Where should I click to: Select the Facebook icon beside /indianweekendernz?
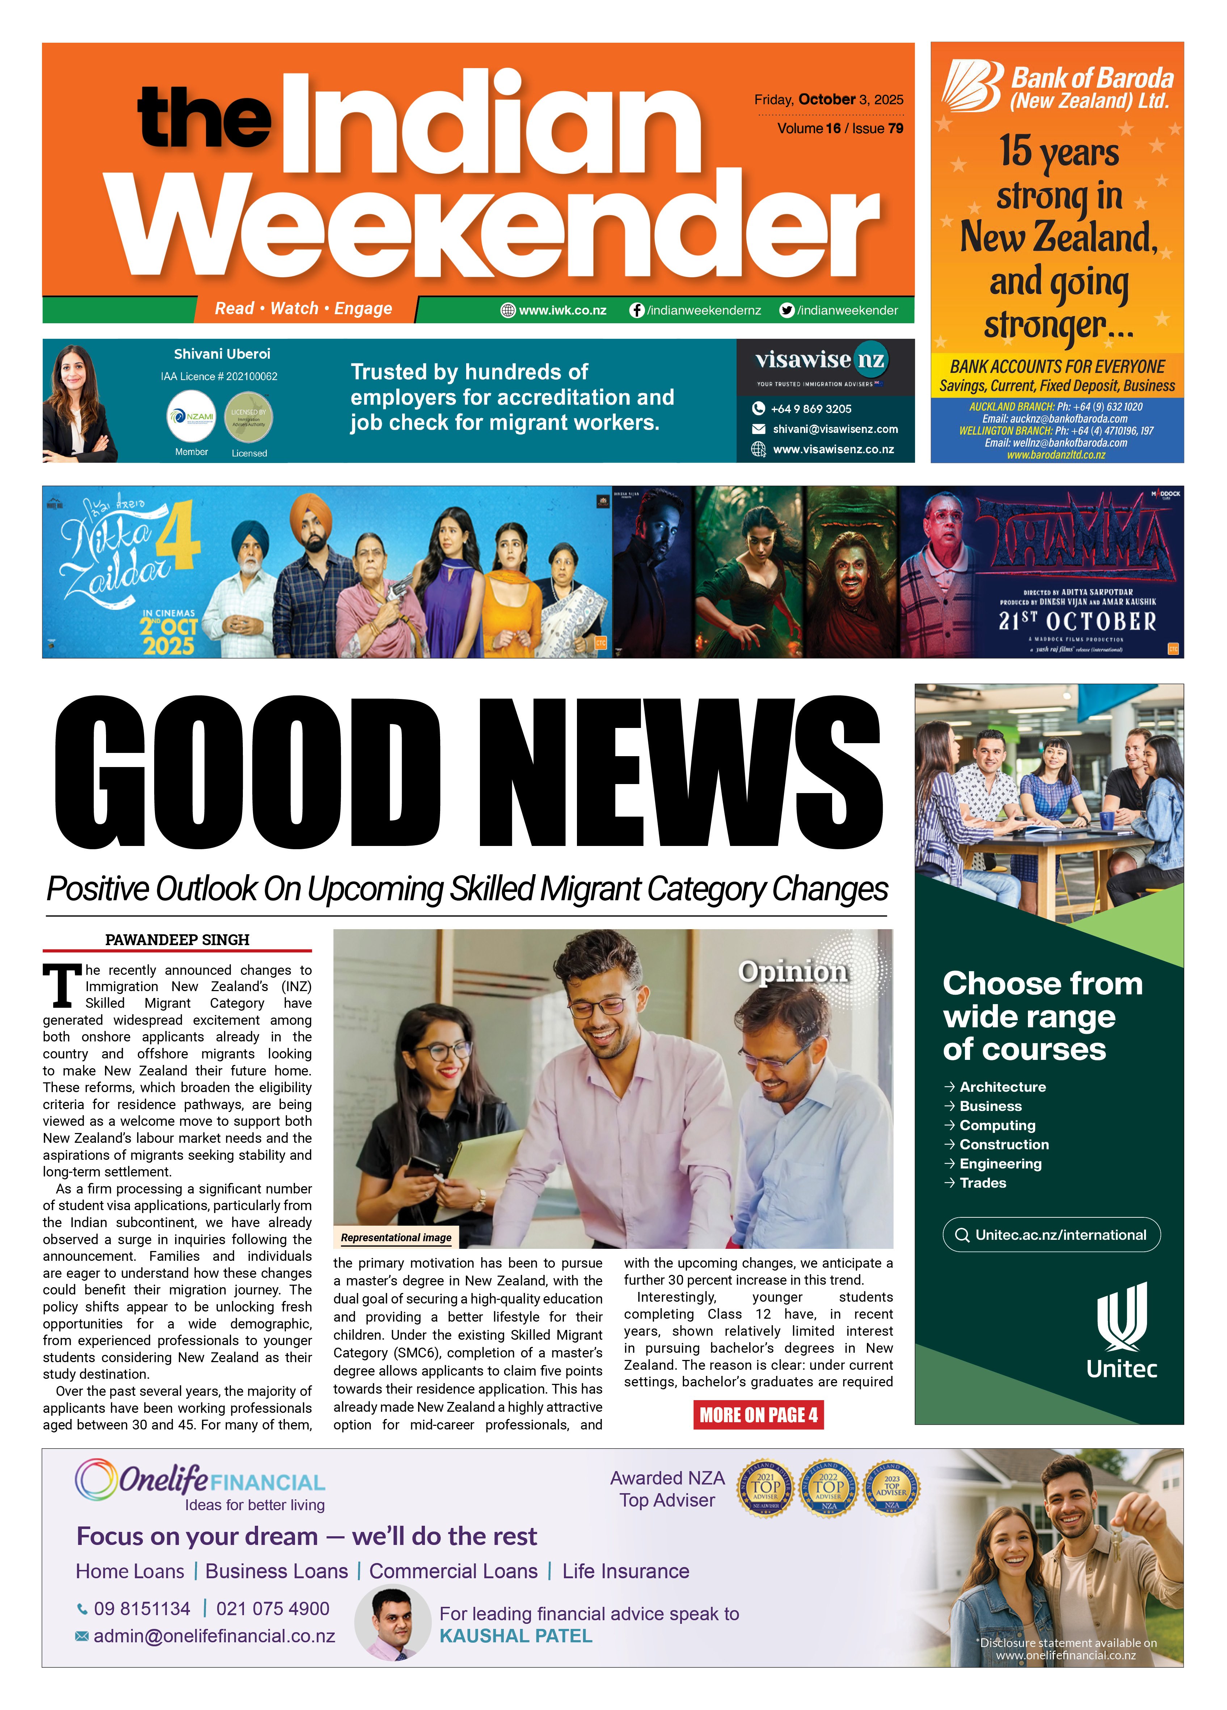(637, 310)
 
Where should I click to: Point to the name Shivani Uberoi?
(222, 354)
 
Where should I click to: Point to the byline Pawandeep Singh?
(177, 939)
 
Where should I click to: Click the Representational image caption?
(396, 1237)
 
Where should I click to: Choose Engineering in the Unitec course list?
(1000, 1163)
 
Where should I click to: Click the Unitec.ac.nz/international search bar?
(1051, 1234)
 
